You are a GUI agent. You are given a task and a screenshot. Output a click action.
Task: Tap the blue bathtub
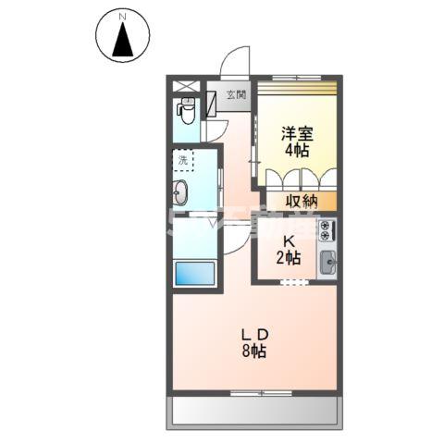point(194,274)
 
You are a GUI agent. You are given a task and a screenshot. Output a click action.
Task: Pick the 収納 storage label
point(301,201)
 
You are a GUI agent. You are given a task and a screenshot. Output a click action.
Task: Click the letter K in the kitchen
point(289,241)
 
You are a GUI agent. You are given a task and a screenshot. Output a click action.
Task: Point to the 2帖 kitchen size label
point(289,258)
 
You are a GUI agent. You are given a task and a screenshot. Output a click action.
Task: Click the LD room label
point(254,334)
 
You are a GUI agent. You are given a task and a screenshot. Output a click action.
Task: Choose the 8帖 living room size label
point(254,351)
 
